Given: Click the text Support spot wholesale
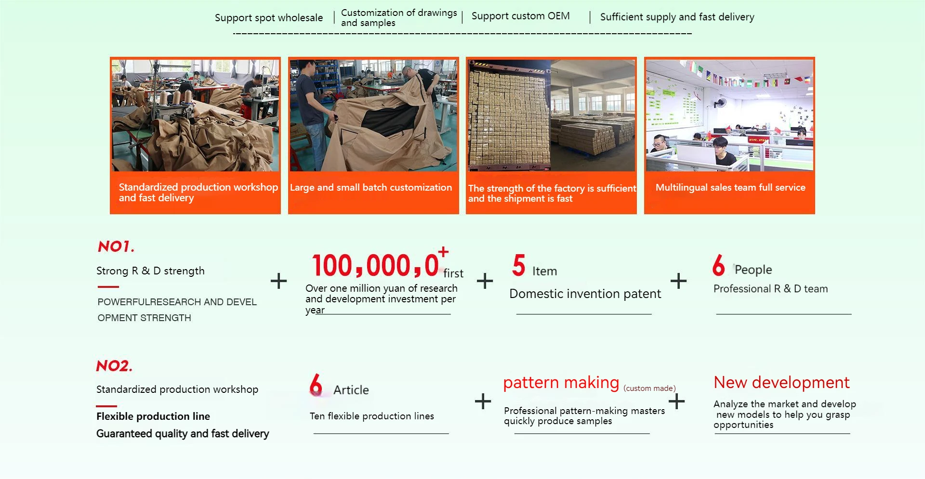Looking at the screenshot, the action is (268, 18).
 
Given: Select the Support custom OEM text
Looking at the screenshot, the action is (520, 16).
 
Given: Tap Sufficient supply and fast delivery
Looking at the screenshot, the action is (677, 17).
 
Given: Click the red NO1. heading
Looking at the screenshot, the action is (116, 247).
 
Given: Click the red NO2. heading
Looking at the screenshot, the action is (114, 366).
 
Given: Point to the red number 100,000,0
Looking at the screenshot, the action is (375, 266).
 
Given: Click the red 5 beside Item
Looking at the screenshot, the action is (518, 265).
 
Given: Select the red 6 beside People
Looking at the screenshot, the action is (718, 265).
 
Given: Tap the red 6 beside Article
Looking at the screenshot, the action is (316, 385).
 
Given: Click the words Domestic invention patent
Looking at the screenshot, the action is (585, 294).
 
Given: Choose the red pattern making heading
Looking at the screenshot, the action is (561, 383).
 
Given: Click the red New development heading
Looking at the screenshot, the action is (781, 383).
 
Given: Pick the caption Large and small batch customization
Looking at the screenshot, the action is (371, 188).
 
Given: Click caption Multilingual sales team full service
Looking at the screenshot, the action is (730, 188).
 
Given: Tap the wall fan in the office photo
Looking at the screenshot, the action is (721, 103).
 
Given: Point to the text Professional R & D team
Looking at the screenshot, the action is (770, 289).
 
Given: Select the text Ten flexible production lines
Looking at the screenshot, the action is (371, 416).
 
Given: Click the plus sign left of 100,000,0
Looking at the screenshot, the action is (278, 281).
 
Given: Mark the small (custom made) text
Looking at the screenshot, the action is (649, 388).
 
